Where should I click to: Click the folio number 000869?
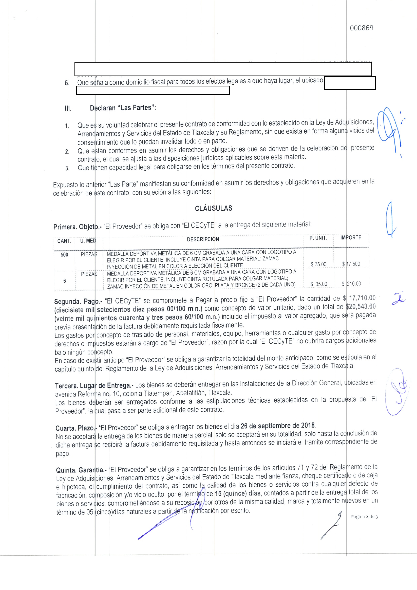(361, 28)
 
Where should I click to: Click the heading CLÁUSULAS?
(214, 208)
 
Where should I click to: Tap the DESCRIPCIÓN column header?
(203, 239)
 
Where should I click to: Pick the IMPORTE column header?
(351, 238)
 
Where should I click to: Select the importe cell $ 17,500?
(351, 264)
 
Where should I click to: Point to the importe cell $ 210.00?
(351, 284)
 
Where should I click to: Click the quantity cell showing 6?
(65, 281)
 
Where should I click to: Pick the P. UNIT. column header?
(318, 238)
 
